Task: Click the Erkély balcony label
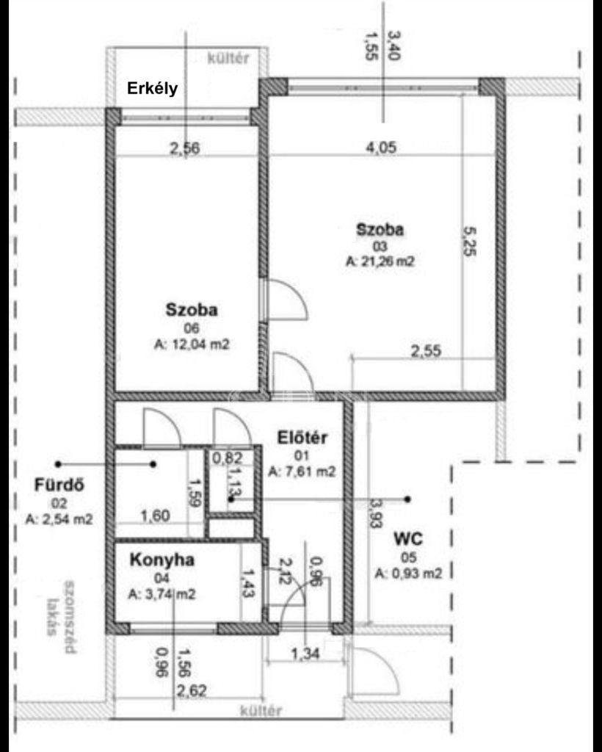pos(152,89)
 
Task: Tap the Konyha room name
pos(162,560)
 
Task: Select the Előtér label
pos(302,438)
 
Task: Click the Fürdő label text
pos(59,485)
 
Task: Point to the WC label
pos(408,539)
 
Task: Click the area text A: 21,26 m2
pos(380,261)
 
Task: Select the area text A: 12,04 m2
pos(192,344)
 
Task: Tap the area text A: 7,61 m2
pos(302,471)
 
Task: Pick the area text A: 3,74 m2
pos(162,594)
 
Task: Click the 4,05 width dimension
pos(381,147)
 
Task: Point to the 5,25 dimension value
pos(469,241)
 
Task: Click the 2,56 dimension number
pos(184,148)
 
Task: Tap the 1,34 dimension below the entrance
pos(305,653)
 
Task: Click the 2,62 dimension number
pos(192,690)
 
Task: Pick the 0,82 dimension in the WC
pos(227,458)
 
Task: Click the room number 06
pos(192,328)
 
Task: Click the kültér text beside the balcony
pos(228,59)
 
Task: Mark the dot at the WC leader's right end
pos(407,499)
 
